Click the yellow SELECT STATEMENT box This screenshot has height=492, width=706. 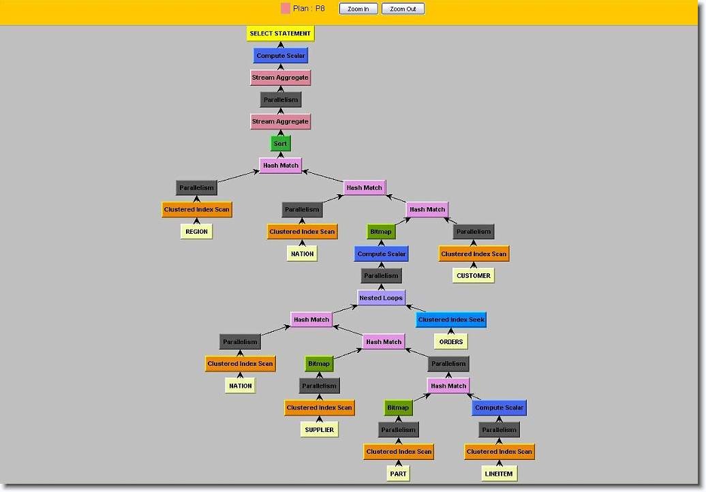(280, 33)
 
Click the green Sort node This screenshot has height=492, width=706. (280, 144)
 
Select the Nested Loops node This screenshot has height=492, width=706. (381, 298)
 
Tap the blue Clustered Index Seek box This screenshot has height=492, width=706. (451, 320)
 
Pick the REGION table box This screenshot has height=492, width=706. (196, 232)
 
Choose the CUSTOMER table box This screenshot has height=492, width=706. (473, 276)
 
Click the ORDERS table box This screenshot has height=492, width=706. (451, 341)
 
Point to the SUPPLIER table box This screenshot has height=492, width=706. (319, 430)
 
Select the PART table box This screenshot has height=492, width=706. (398, 474)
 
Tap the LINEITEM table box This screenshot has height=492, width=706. (499, 474)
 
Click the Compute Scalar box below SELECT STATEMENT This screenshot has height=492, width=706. (280, 56)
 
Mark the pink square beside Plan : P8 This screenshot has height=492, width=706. (286, 9)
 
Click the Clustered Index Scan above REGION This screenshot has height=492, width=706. (196, 210)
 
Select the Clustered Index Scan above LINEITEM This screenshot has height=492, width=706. (499, 452)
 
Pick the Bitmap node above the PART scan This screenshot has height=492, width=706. (398, 408)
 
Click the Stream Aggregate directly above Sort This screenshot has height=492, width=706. (280, 121)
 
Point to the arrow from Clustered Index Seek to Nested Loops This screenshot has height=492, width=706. (416, 309)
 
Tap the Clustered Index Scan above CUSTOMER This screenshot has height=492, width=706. (473, 254)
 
